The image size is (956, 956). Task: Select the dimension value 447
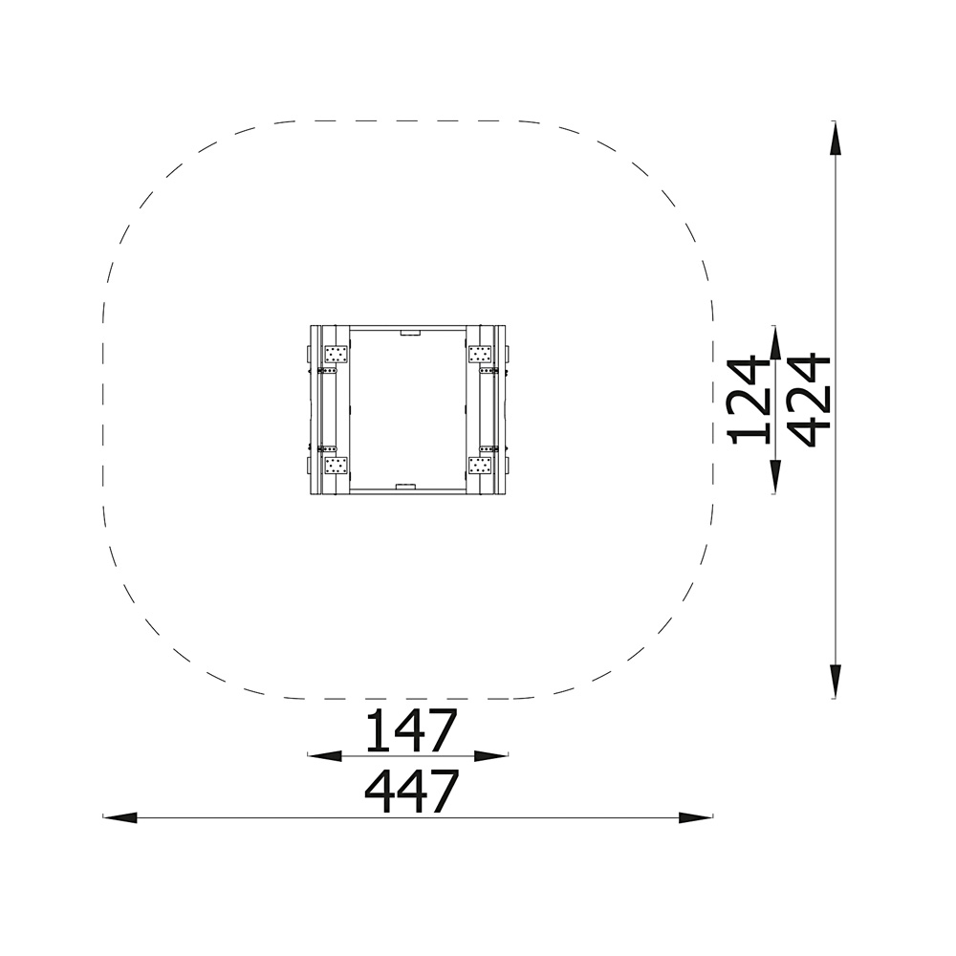coord(411,791)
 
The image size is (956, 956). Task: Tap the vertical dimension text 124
coord(749,400)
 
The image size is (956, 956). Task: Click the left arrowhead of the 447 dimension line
coord(120,817)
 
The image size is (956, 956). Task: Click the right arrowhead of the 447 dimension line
coord(696,817)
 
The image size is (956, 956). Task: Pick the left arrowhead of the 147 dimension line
coord(324,756)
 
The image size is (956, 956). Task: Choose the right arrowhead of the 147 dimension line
coord(491,756)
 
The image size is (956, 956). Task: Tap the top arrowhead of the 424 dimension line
coord(834,138)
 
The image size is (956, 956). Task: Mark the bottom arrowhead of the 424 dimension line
coord(834,681)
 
